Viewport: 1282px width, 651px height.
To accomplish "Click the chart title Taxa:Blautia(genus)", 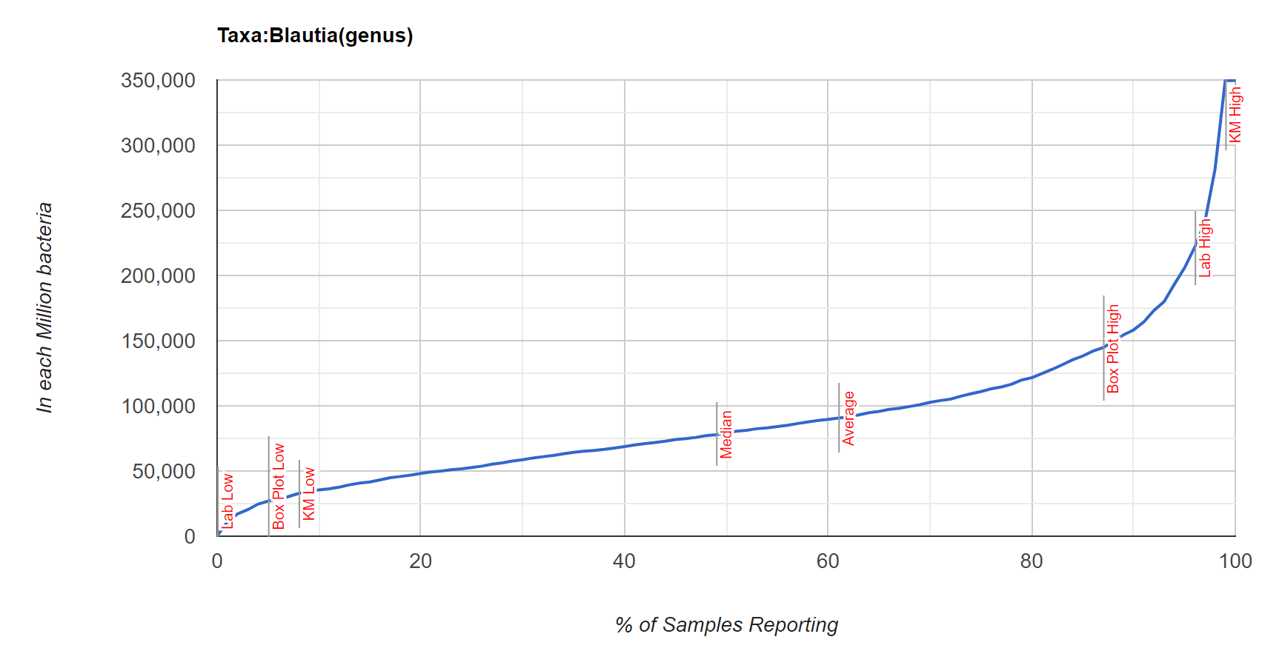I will coord(315,36).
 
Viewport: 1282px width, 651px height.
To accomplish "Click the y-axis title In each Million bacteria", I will coord(44,307).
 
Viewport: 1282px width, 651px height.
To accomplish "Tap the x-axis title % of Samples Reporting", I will coord(726,625).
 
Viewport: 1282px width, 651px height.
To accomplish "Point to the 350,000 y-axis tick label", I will coord(158,80).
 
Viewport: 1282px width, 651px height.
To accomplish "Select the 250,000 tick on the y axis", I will coord(158,210).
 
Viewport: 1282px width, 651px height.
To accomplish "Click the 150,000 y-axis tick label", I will coord(158,341).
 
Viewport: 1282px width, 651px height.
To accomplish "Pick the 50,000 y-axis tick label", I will coord(163,471).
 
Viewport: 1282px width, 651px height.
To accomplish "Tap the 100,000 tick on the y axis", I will coord(158,406).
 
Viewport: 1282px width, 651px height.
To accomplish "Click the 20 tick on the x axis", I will coord(420,561).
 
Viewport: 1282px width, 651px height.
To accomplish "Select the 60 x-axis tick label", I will coord(828,561).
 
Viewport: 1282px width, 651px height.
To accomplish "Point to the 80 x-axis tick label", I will coord(1032,561).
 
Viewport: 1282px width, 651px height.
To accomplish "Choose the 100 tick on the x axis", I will coord(1235,561).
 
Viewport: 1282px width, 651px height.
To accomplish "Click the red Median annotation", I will coord(726,435).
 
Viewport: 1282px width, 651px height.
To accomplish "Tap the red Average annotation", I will coord(848,418).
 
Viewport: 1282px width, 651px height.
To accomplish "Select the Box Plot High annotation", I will coord(1113,349).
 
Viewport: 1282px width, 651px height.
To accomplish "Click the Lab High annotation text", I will coord(1205,248).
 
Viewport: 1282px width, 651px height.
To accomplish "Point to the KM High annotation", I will coord(1235,115).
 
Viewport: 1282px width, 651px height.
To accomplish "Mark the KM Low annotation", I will coord(309,494).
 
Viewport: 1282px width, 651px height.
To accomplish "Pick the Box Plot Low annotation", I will coord(279,487).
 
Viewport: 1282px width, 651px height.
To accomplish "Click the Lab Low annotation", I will coord(228,501).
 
